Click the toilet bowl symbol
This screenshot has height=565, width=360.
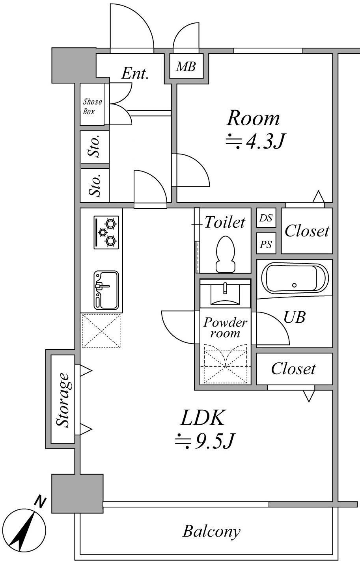coord(226,254)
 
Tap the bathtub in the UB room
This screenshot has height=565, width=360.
coord(295,278)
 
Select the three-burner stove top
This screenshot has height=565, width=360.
coord(106,232)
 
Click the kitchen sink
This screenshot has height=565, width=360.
coord(106,290)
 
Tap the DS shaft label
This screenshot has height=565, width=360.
coord(266,217)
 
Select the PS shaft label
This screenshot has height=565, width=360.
coord(266,244)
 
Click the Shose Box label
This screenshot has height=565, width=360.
coord(92,106)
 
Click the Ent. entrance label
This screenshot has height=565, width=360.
coord(135,74)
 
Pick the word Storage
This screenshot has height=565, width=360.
coord(62,400)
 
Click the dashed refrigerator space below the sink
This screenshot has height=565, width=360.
coord(101,331)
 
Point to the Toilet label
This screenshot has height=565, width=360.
coord(225,222)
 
